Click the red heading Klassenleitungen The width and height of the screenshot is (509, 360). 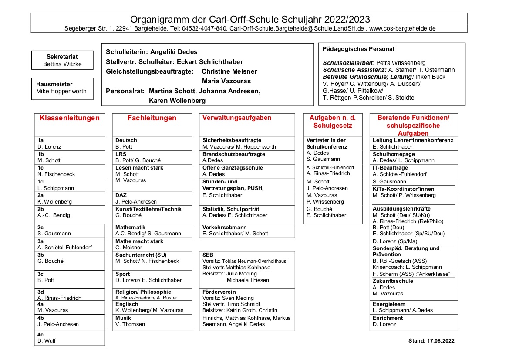[x=70, y=118]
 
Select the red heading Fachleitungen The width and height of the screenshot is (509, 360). [x=152, y=118]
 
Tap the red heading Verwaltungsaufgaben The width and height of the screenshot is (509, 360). [x=237, y=118]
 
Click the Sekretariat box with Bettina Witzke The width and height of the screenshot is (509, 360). [x=62, y=60]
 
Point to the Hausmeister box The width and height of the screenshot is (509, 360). [x=62, y=88]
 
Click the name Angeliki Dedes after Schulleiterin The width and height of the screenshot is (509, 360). [x=174, y=52]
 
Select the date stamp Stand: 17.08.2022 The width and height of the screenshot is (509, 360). [x=431, y=341]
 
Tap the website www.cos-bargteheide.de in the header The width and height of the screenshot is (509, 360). [x=402, y=29]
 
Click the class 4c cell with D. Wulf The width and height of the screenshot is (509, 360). [x=70, y=338]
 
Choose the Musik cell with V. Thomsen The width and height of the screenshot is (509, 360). [x=152, y=321]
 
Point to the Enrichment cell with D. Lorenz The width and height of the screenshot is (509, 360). [x=413, y=321]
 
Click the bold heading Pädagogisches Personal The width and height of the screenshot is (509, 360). [x=358, y=49]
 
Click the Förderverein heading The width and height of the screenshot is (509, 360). [x=219, y=292]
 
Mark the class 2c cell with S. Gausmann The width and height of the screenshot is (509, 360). [x=70, y=231]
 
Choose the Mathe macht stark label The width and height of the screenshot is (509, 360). [x=139, y=241]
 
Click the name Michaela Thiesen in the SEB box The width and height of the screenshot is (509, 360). [x=248, y=280]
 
